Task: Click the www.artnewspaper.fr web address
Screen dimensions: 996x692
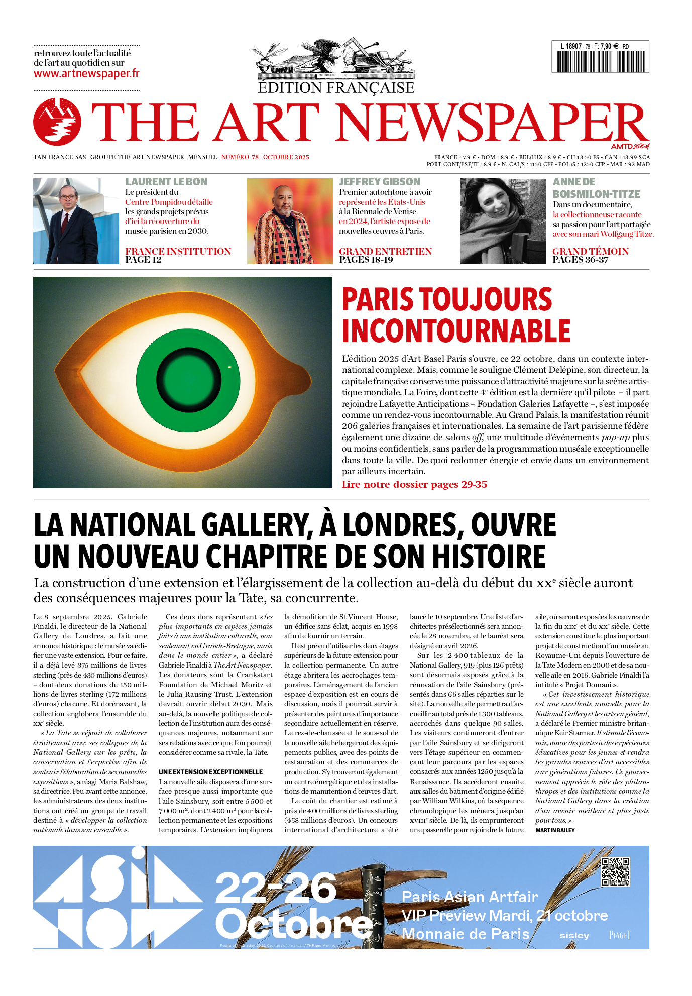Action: [x=86, y=74]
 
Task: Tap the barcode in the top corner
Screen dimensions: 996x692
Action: [x=600, y=61]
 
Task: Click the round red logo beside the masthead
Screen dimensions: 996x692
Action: [x=57, y=122]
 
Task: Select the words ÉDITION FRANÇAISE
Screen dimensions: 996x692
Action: [x=336, y=88]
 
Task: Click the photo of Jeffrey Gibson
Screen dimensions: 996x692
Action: [x=289, y=221]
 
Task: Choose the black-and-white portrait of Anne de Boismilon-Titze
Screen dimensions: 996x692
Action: [x=503, y=221]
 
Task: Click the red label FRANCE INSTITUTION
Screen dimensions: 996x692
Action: [x=178, y=251]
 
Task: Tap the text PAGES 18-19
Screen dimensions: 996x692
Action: [x=366, y=260]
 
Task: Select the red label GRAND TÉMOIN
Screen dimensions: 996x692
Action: [x=590, y=251]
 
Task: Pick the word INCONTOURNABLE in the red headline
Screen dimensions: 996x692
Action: [x=456, y=331]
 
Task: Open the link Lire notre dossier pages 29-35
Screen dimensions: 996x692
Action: [x=414, y=485]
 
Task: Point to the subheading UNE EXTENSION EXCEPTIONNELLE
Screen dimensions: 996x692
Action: [x=210, y=772]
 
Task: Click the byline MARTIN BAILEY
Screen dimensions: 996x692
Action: [x=555, y=830]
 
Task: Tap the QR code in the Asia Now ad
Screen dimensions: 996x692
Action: [x=615, y=872]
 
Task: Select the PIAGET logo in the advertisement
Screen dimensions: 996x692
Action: [x=619, y=935]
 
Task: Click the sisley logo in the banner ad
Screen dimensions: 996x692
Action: [x=574, y=935]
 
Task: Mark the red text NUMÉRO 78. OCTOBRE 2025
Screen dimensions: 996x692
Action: [x=265, y=157]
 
